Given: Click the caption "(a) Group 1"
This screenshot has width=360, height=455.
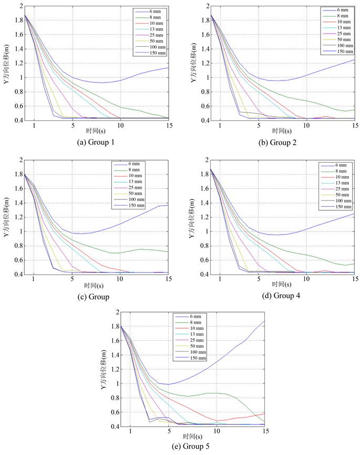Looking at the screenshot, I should pyautogui.click(x=96, y=142).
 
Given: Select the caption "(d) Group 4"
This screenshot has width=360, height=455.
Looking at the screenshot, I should pyautogui.click(x=282, y=296).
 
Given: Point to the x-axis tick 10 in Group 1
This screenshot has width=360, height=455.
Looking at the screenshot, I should pyautogui.click(x=121, y=126).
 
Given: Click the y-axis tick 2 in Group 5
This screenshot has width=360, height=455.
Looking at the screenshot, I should pyautogui.click(x=116, y=312).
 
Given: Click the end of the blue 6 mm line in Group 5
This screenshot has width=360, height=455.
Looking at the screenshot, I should pyautogui.click(x=264, y=320).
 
